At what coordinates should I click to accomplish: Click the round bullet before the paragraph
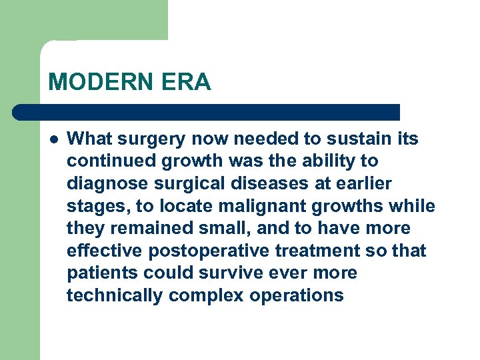tap(53, 139)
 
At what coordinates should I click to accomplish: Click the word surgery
tap(157, 139)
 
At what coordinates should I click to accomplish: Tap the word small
tap(224, 229)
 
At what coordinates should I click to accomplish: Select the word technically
tap(115, 296)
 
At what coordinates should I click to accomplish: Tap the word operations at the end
tap(297, 296)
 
